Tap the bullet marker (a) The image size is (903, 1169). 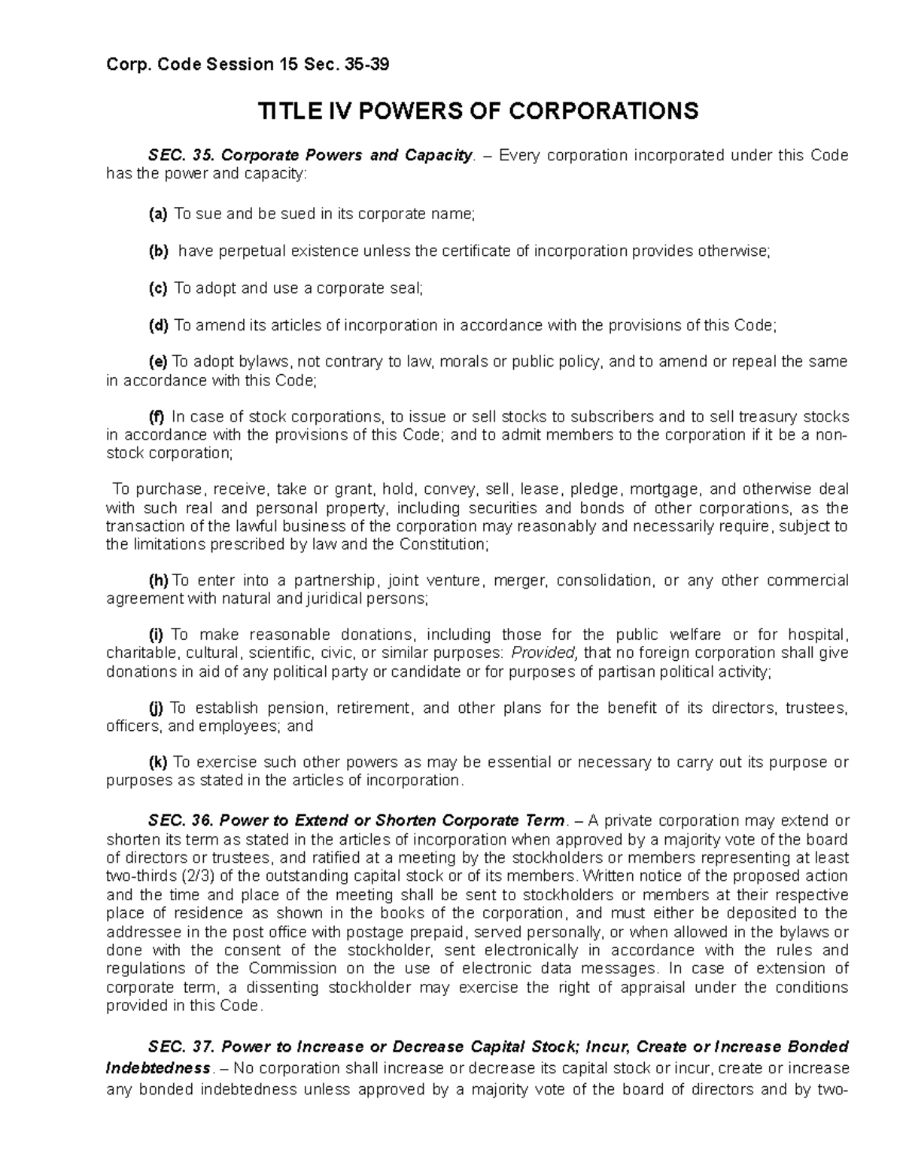158,215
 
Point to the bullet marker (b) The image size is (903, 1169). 158,251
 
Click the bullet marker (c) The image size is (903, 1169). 158,288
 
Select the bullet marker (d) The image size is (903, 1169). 158,325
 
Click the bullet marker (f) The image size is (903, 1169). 157,416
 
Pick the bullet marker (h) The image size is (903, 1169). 158,580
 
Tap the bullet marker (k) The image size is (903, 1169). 158,763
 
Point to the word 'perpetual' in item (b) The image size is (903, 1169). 248,251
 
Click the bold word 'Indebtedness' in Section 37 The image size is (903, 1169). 158,1068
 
